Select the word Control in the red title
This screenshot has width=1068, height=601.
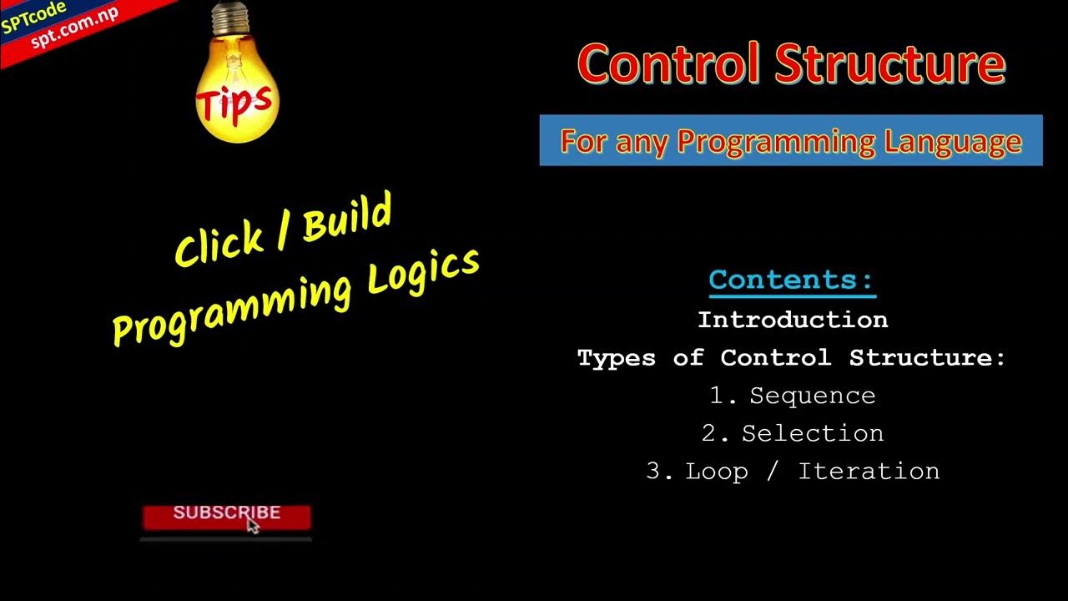668,64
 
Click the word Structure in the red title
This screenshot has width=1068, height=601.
890,64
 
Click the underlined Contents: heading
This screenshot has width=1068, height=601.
791,280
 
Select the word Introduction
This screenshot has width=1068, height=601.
792,320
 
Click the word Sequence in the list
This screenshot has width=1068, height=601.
812,396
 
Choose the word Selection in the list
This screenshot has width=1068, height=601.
812,433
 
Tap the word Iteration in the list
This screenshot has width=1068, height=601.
869,471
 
